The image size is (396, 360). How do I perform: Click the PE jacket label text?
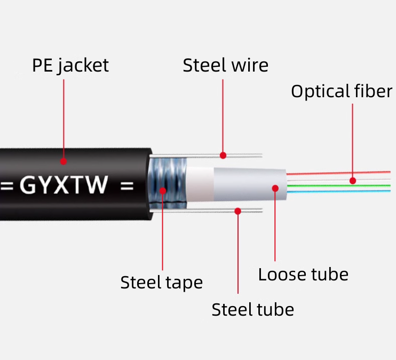coord(70,65)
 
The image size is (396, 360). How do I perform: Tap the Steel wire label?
coord(225,65)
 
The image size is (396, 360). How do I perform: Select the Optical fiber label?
coord(342,91)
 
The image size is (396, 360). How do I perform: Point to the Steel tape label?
coord(161,282)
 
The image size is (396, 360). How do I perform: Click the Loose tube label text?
coord(303,275)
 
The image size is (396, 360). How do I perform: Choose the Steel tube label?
coord(252,309)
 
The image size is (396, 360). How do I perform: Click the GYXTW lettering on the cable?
coord(64,186)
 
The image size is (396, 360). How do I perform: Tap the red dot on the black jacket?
coord(64,161)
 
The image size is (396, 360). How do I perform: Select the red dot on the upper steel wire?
coord(223,155)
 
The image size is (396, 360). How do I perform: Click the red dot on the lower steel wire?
coord(238,212)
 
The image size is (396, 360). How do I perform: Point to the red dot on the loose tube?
coord(275,188)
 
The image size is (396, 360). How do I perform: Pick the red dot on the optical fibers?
coord(353,181)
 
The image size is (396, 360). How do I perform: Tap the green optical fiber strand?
coord(331,185)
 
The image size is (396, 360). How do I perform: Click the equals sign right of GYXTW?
coord(126,186)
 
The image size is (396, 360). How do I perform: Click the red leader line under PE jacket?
coord(64,118)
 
